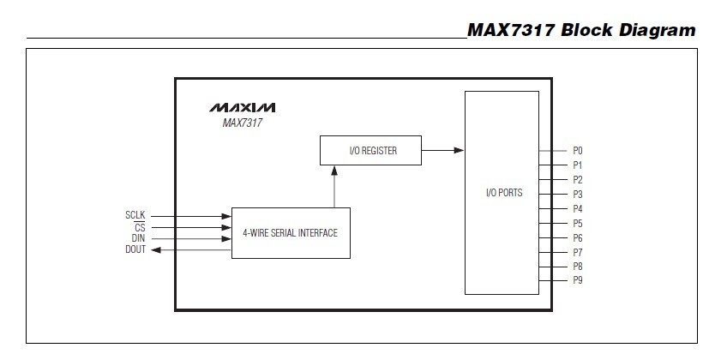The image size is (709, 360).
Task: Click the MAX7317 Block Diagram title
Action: pyautogui.click(x=581, y=31)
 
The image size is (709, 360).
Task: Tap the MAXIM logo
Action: pyautogui.click(x=242, y=108)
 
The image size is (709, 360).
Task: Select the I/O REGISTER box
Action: pyautogui.click(x=371, y=151)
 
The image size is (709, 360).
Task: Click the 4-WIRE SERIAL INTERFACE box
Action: pyautogui.click(x=291, y=232)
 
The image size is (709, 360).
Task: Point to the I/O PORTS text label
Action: pyautogui.click(x=504, y=192)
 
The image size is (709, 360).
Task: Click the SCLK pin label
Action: pyautogui.click(x=135, y=216)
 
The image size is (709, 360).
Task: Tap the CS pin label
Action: pyautogui.click(x=140, y=227)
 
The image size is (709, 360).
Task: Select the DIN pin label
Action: pyautogui.click(x=138, y=238)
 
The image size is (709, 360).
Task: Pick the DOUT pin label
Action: pyautogui.click(x=135, y=249)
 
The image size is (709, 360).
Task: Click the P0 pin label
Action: pyautogui.click(x=578, y=151)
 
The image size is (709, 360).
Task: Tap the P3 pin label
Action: pyautogui.click(x=578, y=195)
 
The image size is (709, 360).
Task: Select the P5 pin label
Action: pyautogui.click(x=578, y=224)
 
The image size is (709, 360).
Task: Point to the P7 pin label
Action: pyautogui.click(x=578, y=253)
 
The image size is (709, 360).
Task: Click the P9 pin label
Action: pyautogui.click(x=578, y=281)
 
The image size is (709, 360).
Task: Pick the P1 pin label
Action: pyautogui.click(x=578, y=165)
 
